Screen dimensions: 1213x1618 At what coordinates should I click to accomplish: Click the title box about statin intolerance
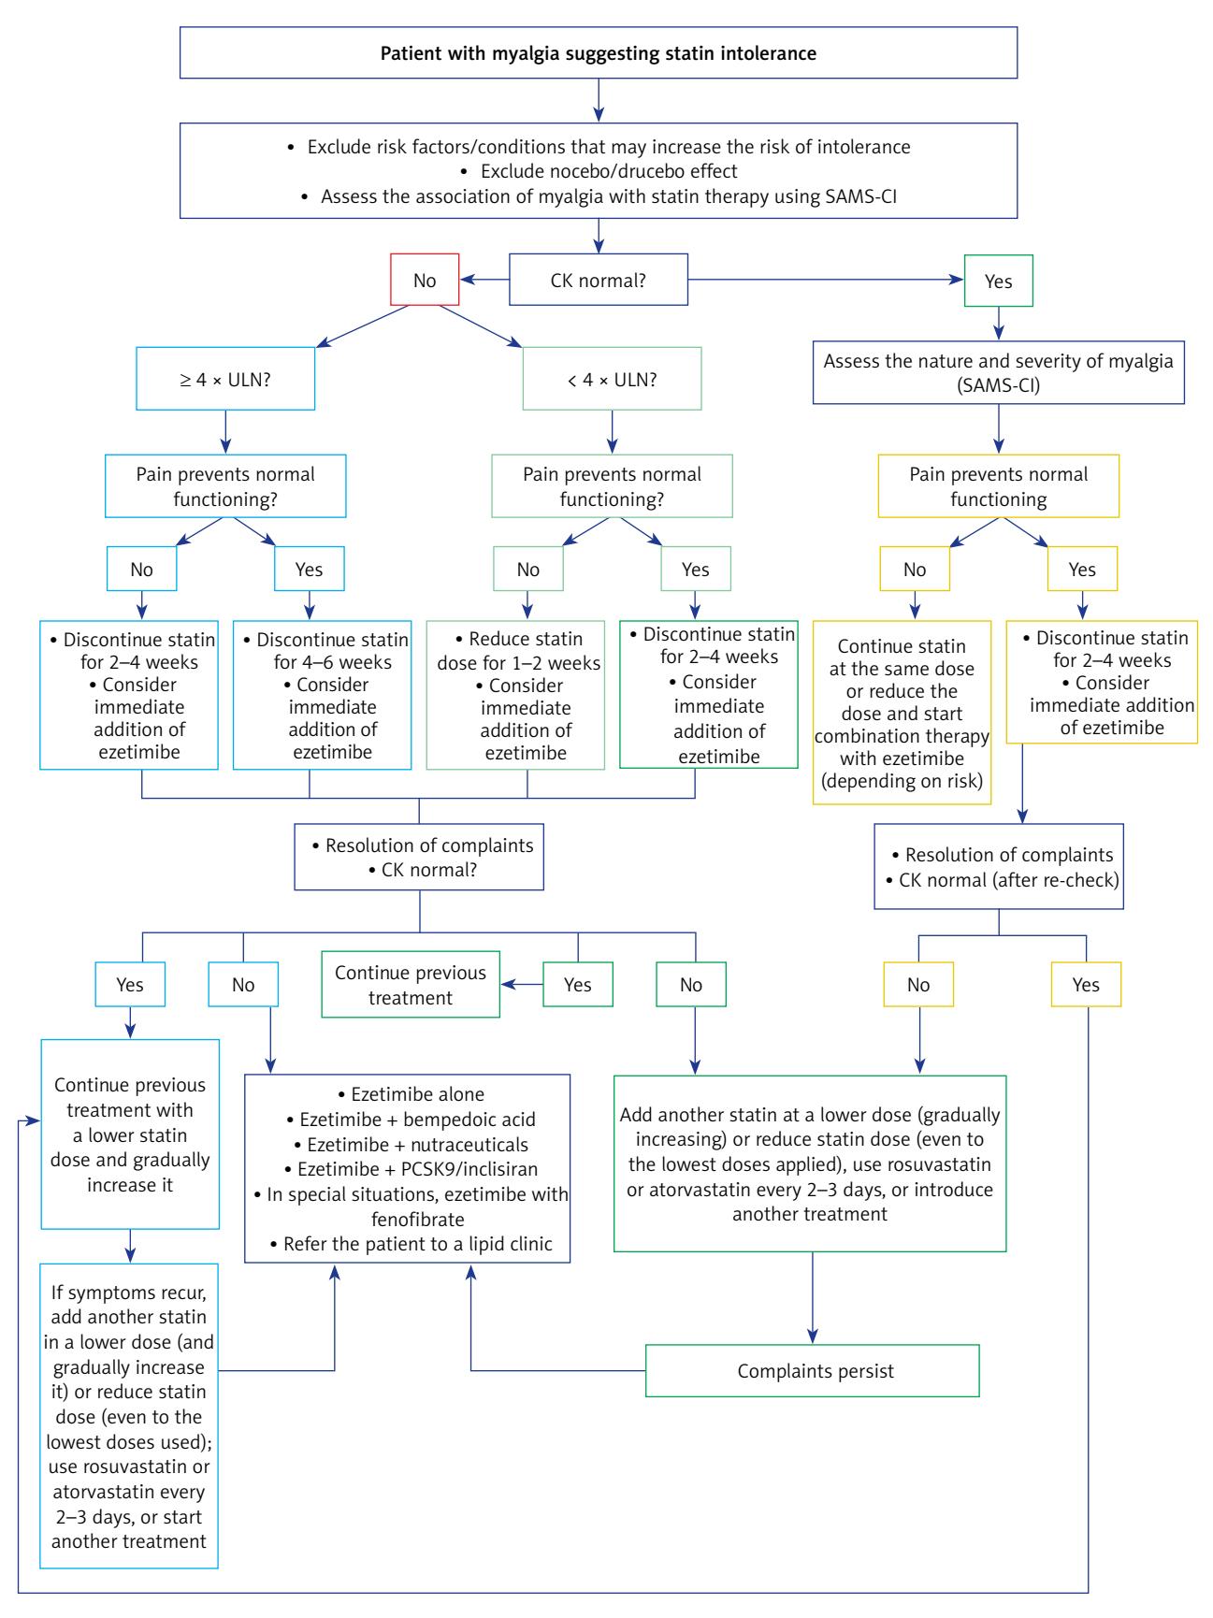[x=598, y=53]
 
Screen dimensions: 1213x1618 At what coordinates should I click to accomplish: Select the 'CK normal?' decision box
[x=599, y=280]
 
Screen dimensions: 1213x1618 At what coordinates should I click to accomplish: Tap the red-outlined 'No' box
[x=425, y=280]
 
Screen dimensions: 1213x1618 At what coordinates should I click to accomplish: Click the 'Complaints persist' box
[x=812, y=1371]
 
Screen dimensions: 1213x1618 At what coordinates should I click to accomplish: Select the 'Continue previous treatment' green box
[x=410, y=985]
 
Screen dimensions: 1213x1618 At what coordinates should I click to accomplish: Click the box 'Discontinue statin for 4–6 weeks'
[x=322, y=695]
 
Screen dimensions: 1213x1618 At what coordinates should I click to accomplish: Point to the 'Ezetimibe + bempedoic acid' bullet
[x=407, y=1120]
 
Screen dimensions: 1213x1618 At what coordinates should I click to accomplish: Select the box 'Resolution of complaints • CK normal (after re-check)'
[x=999, y=867]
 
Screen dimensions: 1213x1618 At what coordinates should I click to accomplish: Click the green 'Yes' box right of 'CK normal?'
[x=999, y=280]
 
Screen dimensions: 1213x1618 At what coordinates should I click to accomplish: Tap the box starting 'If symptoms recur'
[x=130, y=1416]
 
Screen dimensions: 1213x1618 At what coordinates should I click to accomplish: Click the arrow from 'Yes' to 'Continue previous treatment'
[x=522, y=985]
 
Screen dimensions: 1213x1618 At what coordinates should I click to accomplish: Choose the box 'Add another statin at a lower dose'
[x=810, y=1163]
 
